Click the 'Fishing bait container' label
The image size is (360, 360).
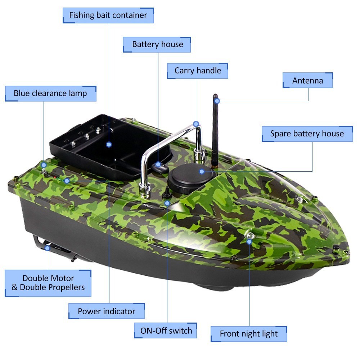pos(108,15)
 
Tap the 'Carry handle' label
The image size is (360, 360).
pos(197,71)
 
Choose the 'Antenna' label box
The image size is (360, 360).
pos(307,80)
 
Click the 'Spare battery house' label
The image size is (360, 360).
pos(307,134)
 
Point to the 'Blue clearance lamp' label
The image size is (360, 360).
pos(50,94)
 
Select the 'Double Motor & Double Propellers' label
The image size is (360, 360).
pos(48,283)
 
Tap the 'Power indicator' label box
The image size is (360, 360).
pos(107,311)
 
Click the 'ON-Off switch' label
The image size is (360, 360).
pos(165,330)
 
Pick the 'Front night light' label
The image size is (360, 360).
pos(249,334)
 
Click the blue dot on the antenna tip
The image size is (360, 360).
pos(217,100)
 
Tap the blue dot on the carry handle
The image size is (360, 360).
pos(196,124)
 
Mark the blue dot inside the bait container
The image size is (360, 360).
pos(109,144)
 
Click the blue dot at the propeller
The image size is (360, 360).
pos(47,248)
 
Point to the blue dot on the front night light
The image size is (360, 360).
pos(249,242)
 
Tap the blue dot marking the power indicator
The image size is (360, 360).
pos(67,181)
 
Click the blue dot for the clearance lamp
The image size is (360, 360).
pos(44,165)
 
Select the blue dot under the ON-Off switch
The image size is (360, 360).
pos(167,203)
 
